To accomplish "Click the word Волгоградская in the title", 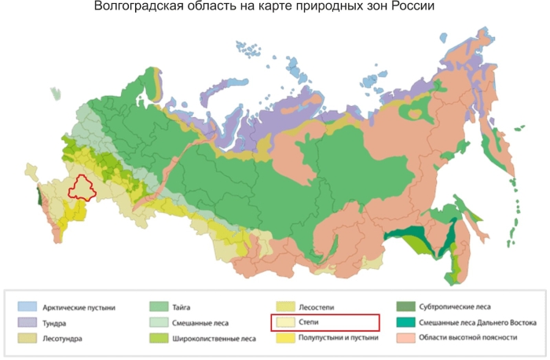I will (130, 7).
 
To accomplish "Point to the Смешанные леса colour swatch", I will (156, 322).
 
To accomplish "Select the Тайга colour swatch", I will (156, 307).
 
